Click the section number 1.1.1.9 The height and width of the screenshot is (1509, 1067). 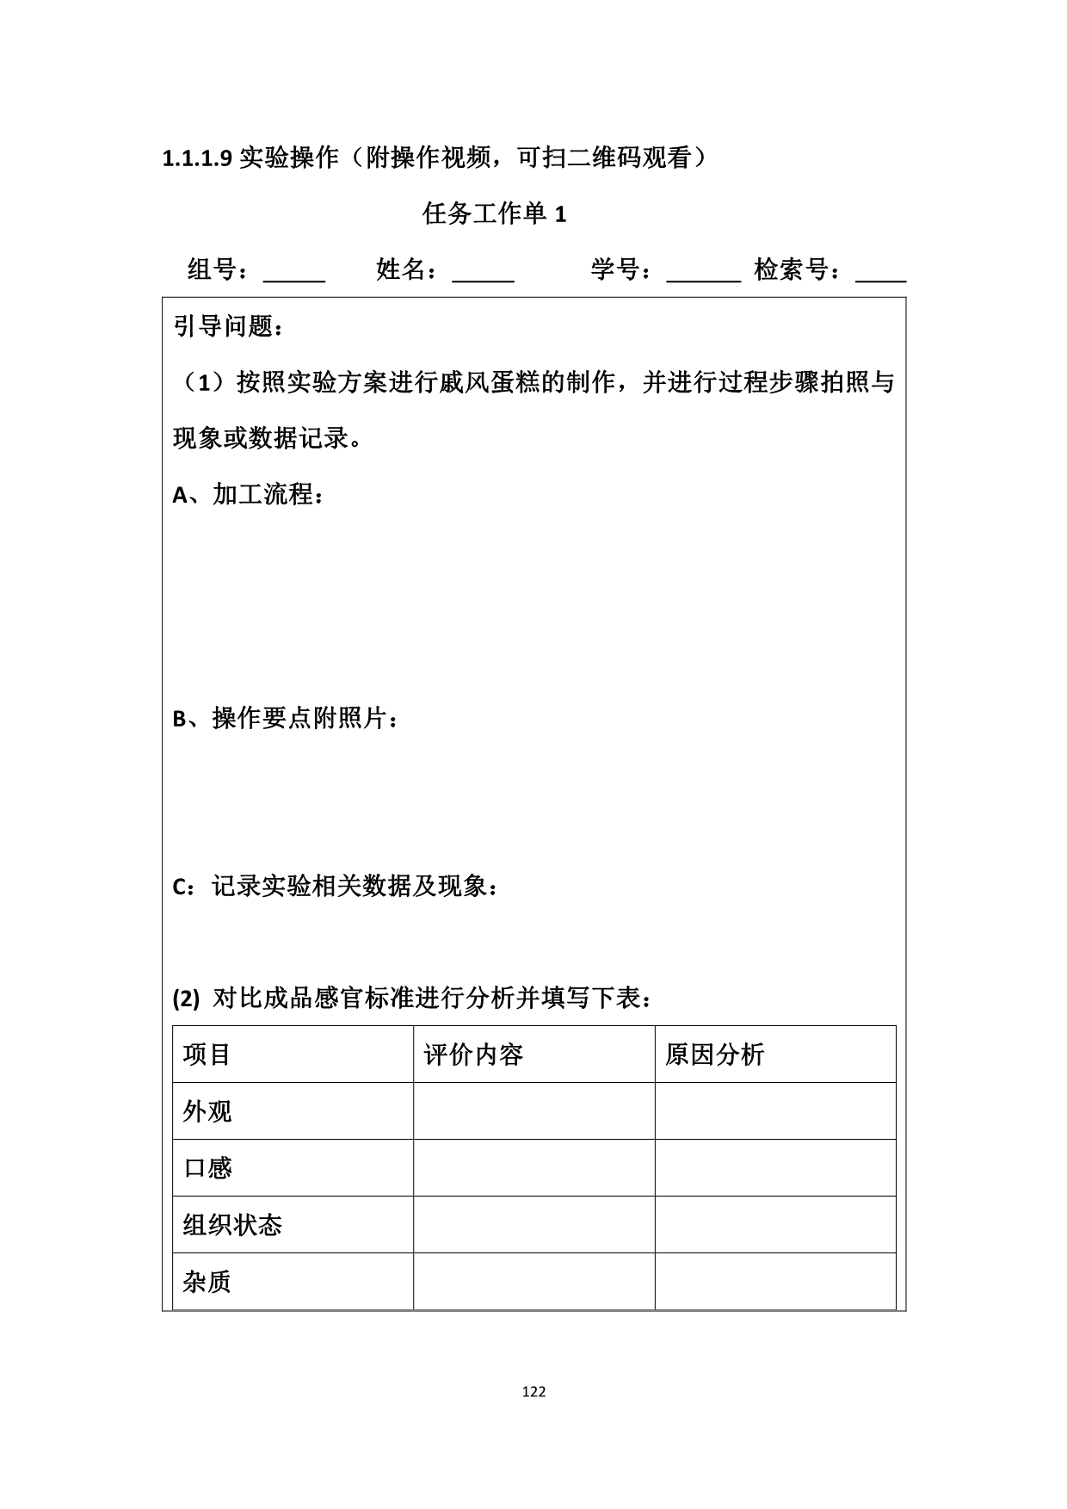[x=197, y=159]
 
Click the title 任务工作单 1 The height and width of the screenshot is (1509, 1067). [x=494, y=214]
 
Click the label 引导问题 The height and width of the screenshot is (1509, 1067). [x=228, y=327]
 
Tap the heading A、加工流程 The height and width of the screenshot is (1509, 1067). [x=249, y=495]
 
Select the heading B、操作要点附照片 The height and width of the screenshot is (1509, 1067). [x=286, y=718]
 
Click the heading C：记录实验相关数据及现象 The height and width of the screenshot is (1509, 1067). [x=335, y=886]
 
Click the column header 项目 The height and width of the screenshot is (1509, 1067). [x=207, y=1054]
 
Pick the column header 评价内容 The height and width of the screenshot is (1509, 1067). [x=473, y=1054]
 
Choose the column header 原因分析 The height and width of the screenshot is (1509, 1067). [x=714, y=1054]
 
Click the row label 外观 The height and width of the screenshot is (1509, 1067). [x=207, y=1111]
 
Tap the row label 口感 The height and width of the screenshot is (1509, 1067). [x=207, y=1168]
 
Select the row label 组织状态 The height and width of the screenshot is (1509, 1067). [x=232, y=1225]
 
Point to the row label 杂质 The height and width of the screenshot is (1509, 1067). [x=207, y=1282]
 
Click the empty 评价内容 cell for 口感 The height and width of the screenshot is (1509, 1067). [x=533, y=1168]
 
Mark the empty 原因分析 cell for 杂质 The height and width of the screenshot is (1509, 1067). [x=774, y=1282]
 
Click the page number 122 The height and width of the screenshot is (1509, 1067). [x=534, y=1392]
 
